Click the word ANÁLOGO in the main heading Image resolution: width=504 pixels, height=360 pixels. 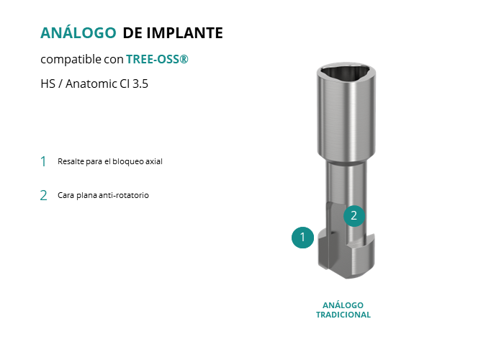78,32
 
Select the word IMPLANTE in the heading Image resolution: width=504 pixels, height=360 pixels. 185,33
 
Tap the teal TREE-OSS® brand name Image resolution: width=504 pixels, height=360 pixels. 157,59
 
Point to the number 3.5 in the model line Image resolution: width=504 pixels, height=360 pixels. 140,84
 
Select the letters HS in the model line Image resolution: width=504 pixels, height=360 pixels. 48,84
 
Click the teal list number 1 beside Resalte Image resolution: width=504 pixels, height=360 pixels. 43,161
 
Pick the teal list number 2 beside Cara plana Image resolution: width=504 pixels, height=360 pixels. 43,195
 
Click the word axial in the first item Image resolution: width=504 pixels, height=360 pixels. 154,161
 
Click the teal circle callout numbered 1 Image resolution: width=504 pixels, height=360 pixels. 302,238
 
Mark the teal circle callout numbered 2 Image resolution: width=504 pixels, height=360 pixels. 354,216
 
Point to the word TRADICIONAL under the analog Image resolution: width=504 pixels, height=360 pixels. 343,315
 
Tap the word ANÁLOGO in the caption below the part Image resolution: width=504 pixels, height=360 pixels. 343,305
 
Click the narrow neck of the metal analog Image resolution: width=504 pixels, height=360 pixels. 347,183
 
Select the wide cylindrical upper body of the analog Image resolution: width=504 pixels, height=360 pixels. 346,116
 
